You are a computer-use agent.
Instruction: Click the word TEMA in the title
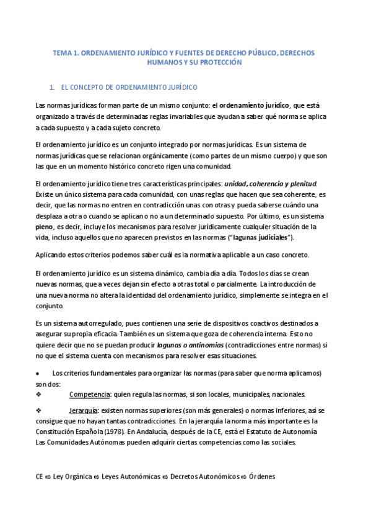click(x=63, y=54)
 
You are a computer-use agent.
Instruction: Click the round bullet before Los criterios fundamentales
click(x=38, y=373)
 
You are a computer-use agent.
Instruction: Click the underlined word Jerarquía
click(x=82, y=410)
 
